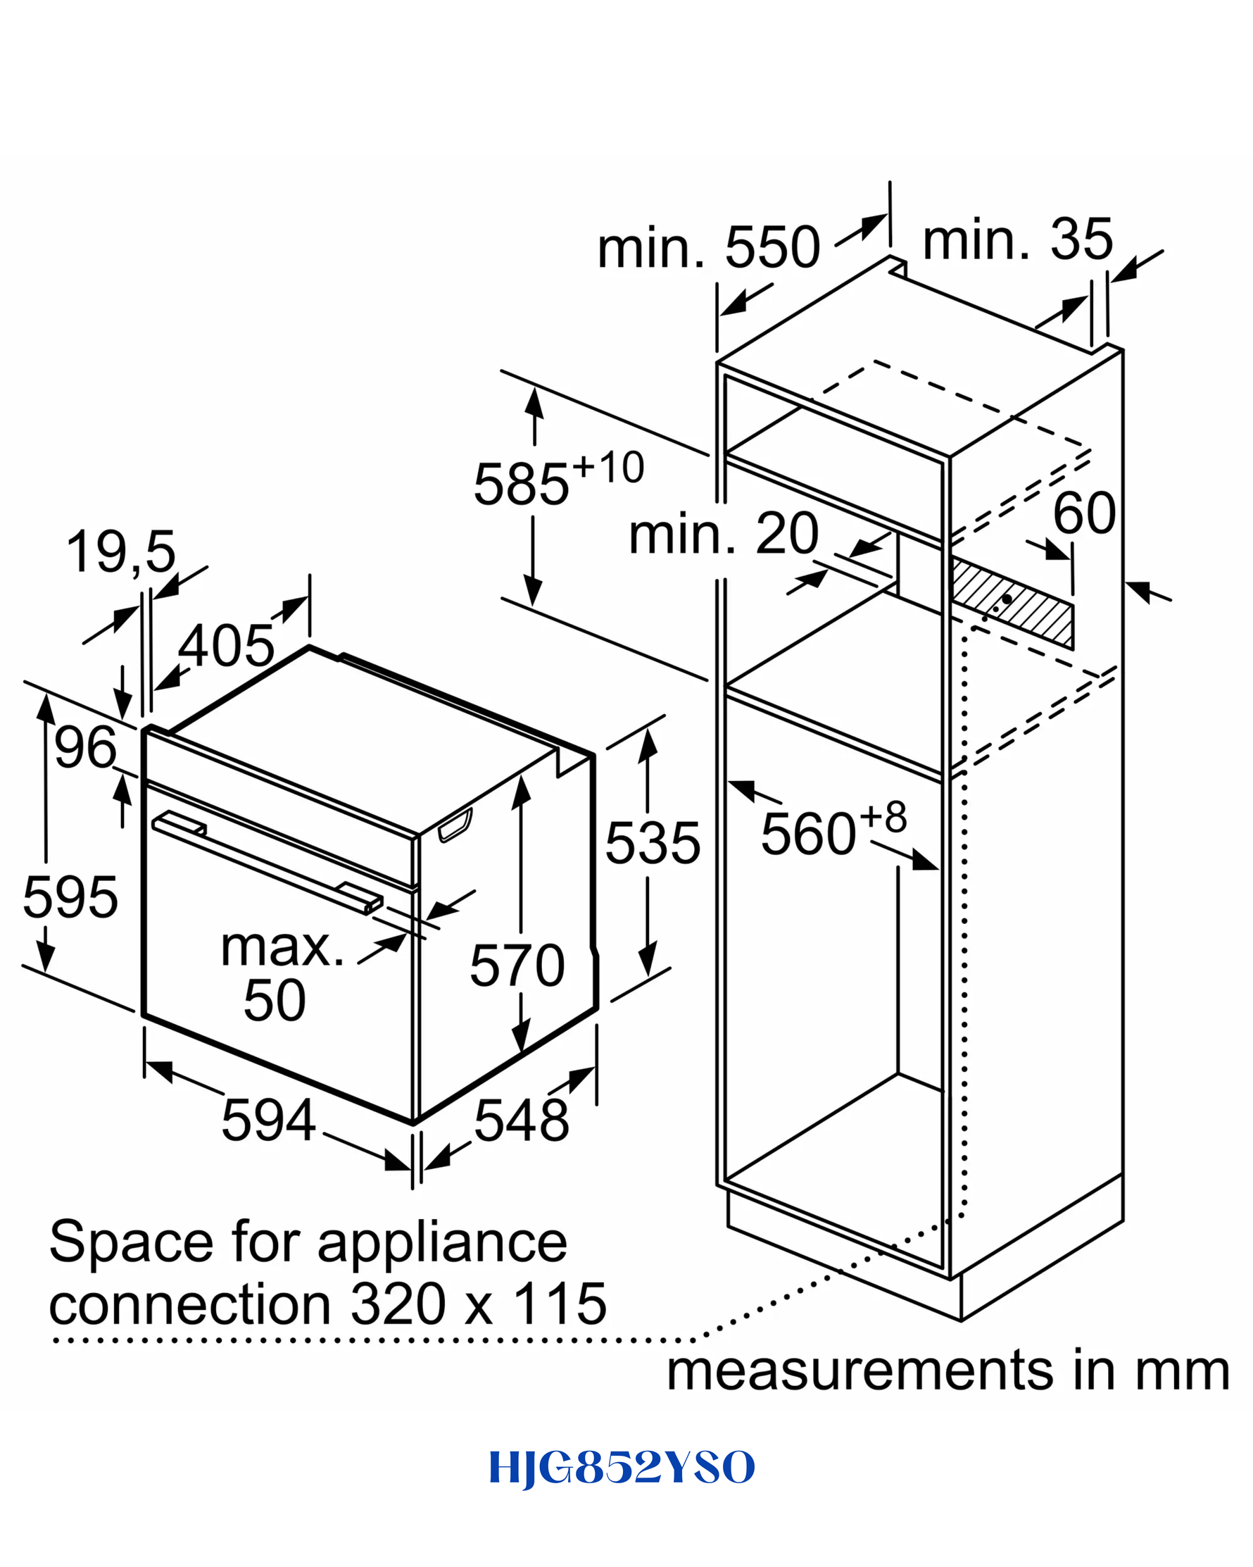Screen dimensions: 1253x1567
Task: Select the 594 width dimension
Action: (268, 1120)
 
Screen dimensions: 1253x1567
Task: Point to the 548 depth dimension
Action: (522, 1120)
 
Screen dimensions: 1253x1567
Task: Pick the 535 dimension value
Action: (653, 843)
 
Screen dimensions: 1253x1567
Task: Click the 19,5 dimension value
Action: (120, 552)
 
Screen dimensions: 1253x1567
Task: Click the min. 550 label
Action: (708, 247)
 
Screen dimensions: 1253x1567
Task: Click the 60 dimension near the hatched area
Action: (1084, 513)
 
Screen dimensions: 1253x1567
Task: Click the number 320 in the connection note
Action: (398, 1304)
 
